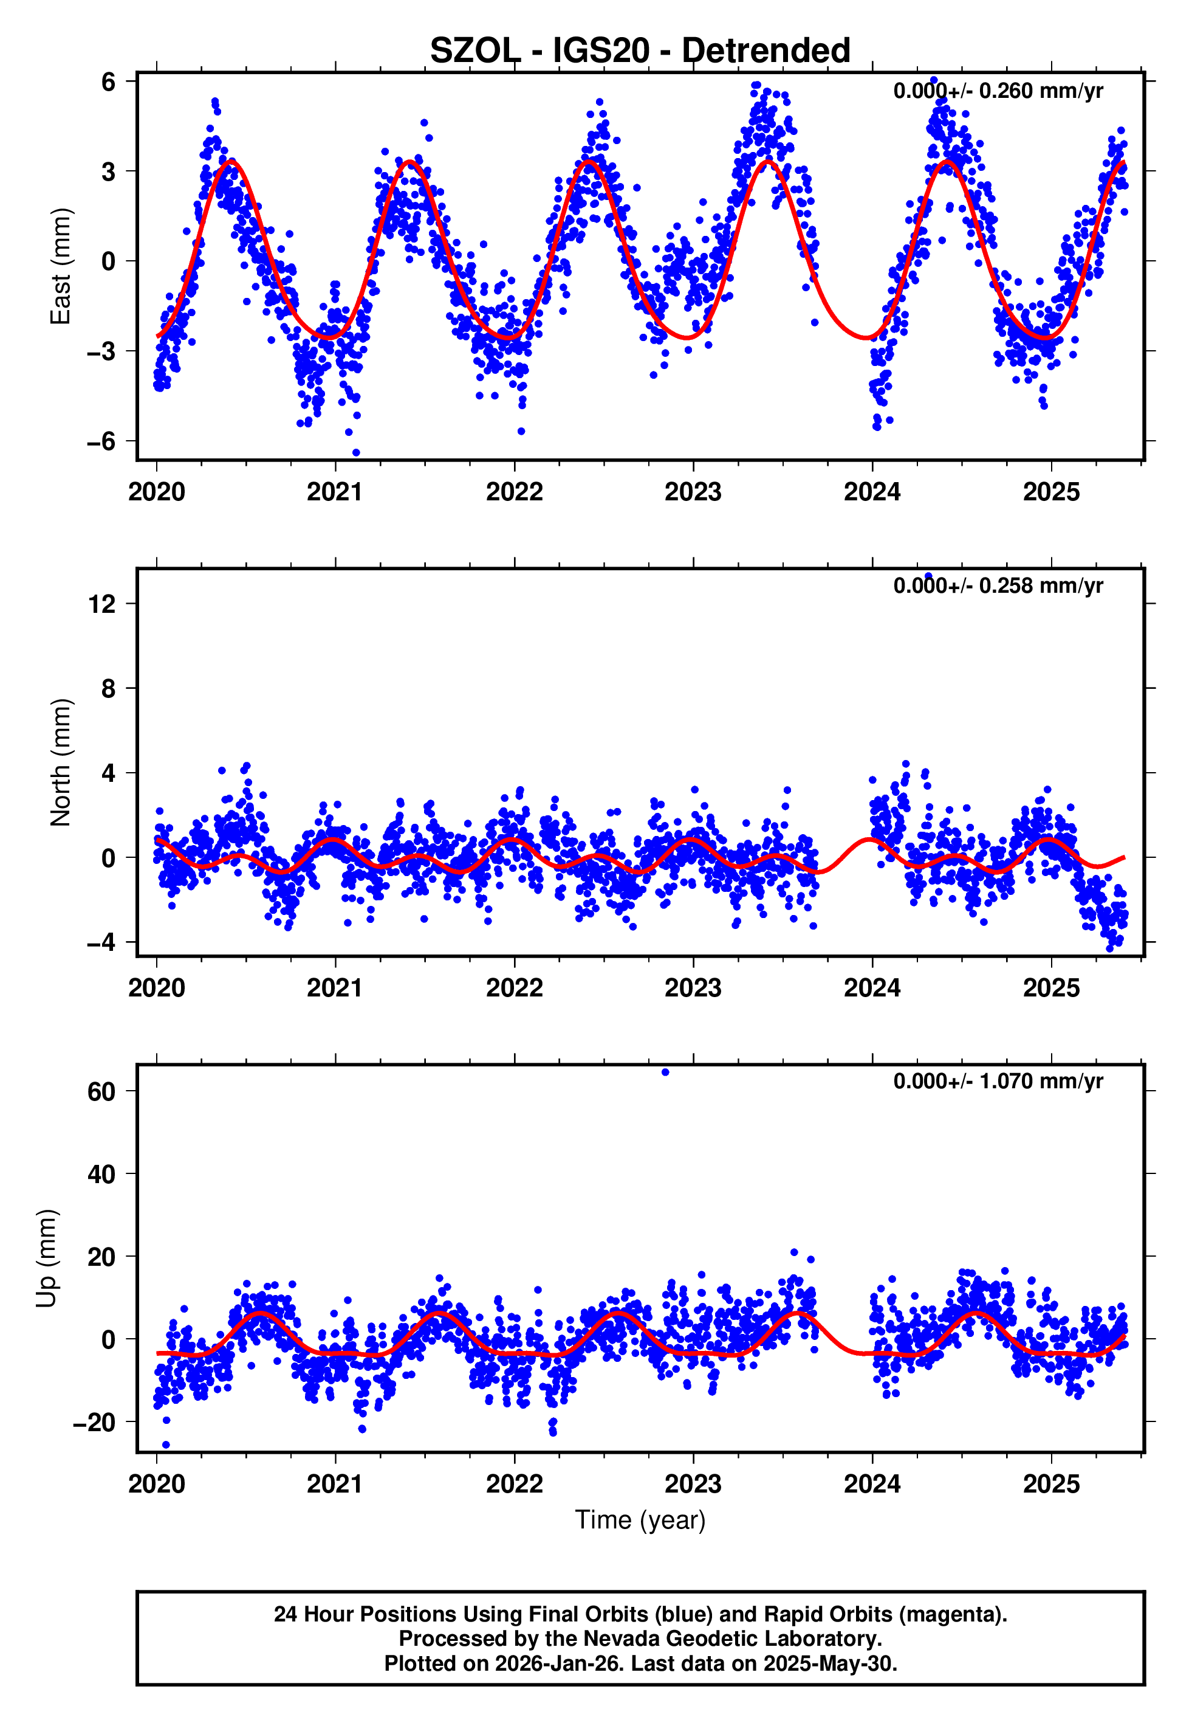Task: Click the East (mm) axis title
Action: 60,266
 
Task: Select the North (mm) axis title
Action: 60,762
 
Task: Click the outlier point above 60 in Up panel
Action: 665,1072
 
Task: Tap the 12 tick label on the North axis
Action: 101,604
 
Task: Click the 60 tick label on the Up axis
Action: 101,1092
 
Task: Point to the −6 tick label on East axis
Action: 101,441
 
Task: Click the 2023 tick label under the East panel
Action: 693,492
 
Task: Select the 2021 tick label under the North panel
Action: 335,988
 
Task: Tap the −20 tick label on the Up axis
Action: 94,1422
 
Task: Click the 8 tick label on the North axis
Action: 108,688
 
